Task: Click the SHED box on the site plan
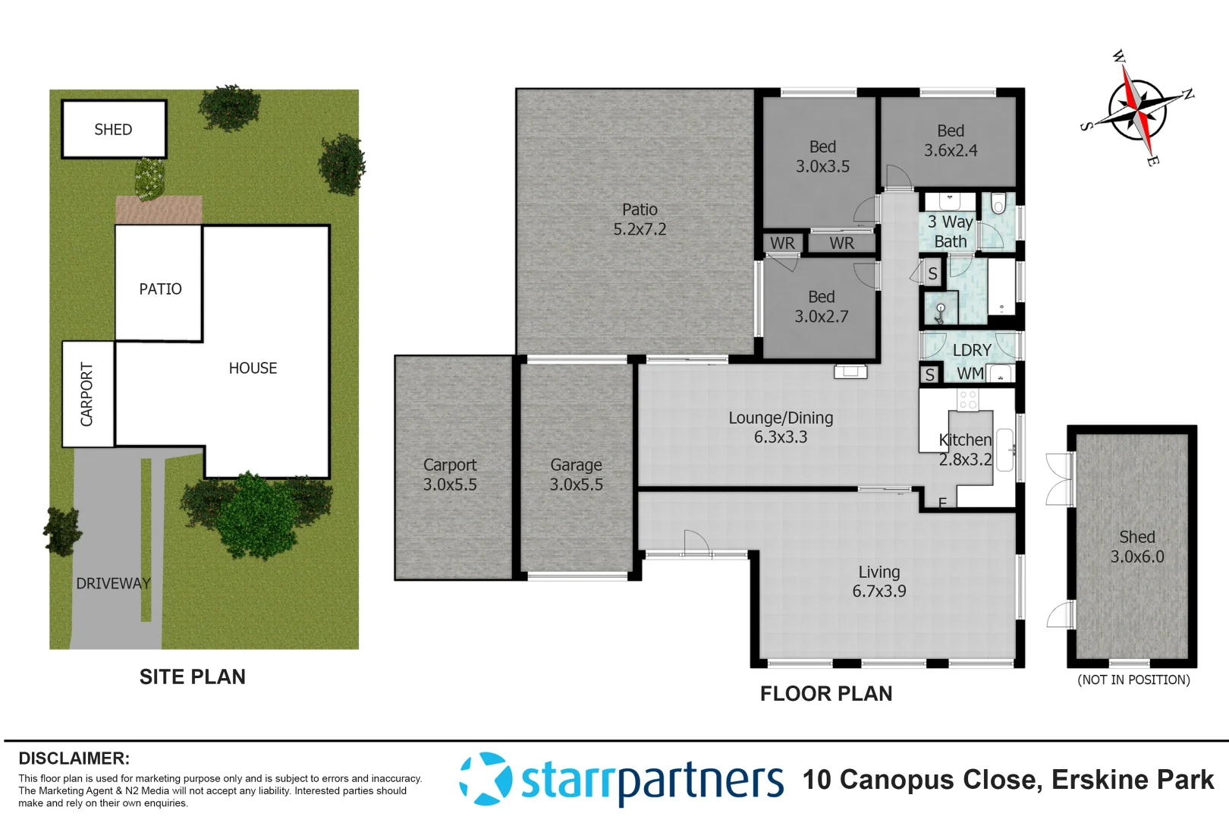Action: (114, 130)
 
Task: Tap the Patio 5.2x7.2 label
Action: (640, 219)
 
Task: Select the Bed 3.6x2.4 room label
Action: (951, 141)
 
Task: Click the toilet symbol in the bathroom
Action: (998, 203)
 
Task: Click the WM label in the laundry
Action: (970, 374)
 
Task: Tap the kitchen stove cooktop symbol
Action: (967, 399)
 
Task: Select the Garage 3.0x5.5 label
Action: (576, 475)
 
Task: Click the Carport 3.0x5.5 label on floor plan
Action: (450, 475)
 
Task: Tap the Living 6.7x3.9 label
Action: (879, 582)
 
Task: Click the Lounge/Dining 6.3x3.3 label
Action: (781, 427)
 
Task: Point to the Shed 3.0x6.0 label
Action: (1136, 547)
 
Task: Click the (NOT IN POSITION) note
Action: (1133, 680)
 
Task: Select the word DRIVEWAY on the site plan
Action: (113, 584)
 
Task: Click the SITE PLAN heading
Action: (193, 677)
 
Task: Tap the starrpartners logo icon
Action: (486, 779)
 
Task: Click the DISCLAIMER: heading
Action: (74, 758)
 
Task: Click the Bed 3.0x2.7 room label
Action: (821, 307)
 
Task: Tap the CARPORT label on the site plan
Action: (87, 394)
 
